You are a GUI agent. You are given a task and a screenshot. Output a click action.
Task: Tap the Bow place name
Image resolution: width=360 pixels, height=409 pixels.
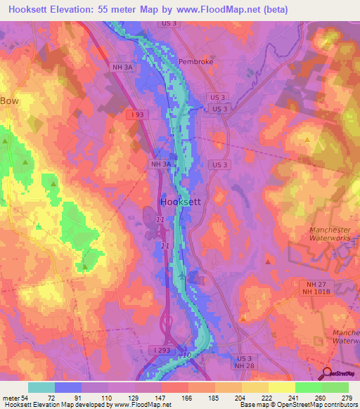click(x=10, y=100)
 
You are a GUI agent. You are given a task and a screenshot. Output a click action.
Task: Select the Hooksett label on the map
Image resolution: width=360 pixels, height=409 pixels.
click(x=181, y=201)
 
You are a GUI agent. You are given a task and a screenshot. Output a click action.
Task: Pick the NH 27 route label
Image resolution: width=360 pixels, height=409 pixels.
click(x=309, y=283)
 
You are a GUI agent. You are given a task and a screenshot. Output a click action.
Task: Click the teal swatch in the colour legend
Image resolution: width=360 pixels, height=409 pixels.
click(x=41, y=387)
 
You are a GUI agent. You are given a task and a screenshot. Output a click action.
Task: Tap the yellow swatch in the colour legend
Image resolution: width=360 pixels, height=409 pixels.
click(x=281, y=387)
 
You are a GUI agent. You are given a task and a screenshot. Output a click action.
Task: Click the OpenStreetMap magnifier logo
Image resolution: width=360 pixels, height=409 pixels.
click(x=327, y=375)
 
